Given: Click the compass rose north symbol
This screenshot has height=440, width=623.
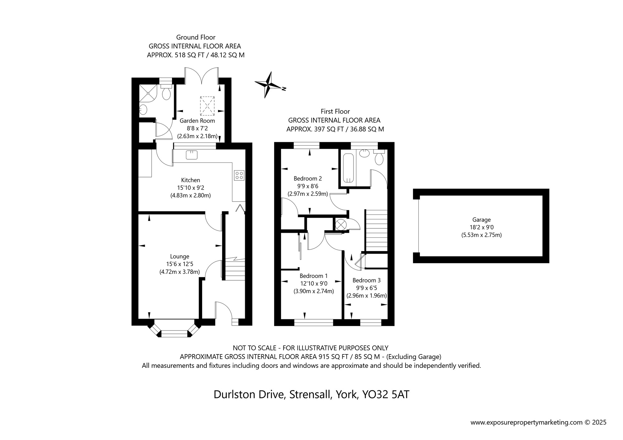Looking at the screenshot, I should (268, 84).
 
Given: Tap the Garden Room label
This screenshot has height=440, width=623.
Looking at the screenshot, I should (197, 121).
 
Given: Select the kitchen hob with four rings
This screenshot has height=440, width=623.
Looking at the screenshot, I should (239, 175).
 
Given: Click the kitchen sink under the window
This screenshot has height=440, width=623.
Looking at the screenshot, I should (192, 155).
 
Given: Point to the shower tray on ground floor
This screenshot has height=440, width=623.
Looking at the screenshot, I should (148, 92).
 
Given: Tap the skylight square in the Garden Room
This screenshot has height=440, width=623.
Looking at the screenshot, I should (207, 106).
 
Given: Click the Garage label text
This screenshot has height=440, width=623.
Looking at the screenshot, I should (481, 220).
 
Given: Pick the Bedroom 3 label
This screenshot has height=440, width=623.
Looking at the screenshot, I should (366, 280).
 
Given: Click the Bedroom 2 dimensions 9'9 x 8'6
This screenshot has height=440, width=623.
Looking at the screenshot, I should (307, 186).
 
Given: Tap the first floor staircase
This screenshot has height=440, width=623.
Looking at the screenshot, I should (376, 230).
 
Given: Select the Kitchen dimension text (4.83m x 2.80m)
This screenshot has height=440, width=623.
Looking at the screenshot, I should (190, 196).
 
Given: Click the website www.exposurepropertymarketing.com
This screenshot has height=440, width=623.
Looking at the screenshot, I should (526, 423).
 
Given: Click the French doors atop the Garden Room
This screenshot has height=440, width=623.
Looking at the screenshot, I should (202, 76).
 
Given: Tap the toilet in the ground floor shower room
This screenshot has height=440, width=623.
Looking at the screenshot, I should (166, 92).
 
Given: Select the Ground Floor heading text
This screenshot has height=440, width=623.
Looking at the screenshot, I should (196, 37).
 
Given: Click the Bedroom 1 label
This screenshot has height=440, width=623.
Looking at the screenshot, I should (313, 276).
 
